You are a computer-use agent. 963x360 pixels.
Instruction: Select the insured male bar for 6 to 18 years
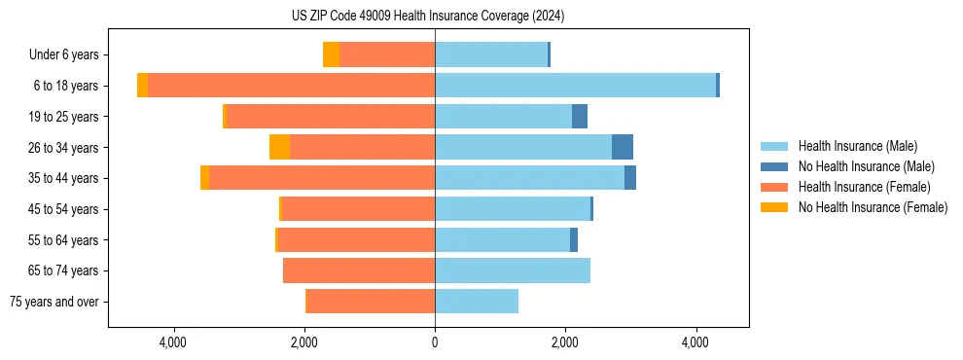click(575, 86)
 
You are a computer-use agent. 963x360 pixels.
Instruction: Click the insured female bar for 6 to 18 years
click(291, 86)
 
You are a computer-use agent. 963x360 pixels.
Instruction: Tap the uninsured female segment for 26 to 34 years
click(279, 147)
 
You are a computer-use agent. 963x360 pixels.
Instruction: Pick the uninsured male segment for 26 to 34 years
click(623, 147)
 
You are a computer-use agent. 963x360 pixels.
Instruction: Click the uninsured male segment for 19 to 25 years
click(580, 117)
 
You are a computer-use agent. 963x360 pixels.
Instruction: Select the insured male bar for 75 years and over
click(477, 302)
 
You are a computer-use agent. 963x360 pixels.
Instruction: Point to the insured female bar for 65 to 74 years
click(359, 270)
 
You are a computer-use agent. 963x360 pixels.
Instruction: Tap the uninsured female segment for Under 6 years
click(331, 55)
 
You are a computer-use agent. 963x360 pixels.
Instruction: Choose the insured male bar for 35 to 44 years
click(529, 178)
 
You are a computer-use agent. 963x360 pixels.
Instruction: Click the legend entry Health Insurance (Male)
click(857, 146)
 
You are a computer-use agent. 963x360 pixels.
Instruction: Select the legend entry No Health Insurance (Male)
click(866, 166)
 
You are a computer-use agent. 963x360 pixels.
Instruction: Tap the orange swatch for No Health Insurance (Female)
click(774, 207)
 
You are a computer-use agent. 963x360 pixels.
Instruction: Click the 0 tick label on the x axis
click(435, 342)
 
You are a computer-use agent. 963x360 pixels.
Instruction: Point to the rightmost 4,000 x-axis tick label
click(695, 342)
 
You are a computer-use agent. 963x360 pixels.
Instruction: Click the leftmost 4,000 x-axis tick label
click(173, 342)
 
